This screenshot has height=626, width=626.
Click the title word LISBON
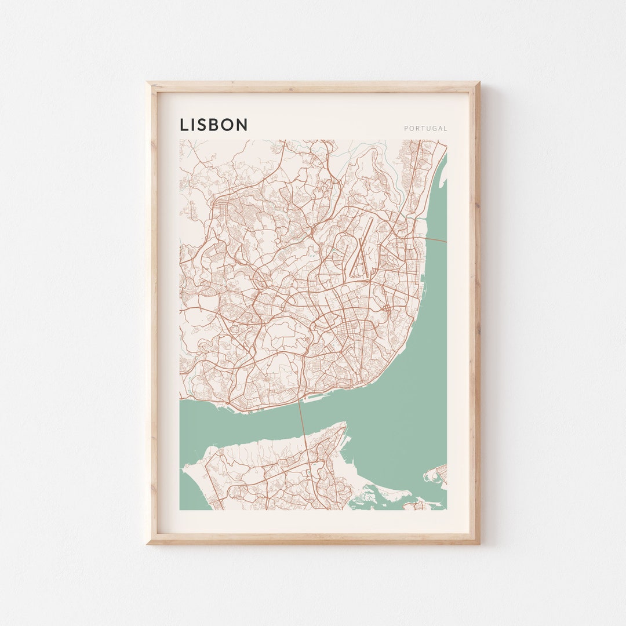point(213,125)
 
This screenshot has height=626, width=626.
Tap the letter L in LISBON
point(183,125)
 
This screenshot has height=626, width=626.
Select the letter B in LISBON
point(215,125)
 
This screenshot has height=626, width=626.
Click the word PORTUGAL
point(425,129)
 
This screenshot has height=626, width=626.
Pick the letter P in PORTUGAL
point(406,129)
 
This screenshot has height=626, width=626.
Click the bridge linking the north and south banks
point(301,417)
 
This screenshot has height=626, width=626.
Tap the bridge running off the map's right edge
point(438,239)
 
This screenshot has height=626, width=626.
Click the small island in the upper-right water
point(443,184)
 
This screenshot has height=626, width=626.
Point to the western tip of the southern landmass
point(184,464)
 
